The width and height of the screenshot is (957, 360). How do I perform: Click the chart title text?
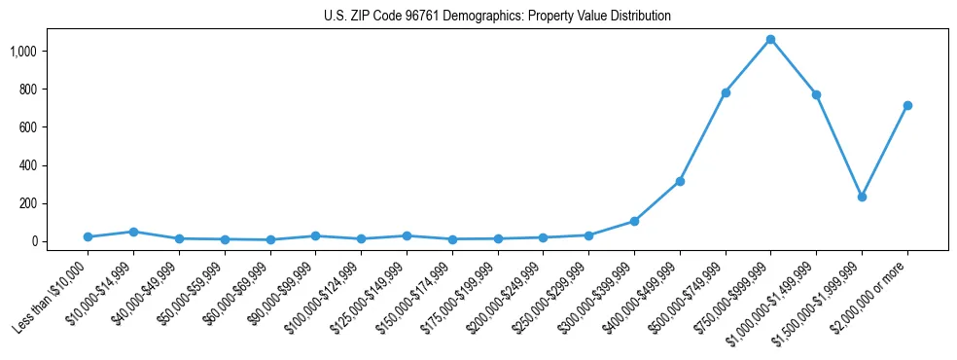click(497, 17)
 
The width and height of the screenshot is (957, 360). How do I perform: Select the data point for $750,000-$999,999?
click(770, 39)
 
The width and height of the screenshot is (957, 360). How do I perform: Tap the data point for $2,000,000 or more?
click(906, 105)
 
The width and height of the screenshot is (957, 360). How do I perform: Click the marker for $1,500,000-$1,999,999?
click(861, 197)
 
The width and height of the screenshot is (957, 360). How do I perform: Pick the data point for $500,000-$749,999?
click(725, 92)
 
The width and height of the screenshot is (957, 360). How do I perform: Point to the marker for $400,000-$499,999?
click(680, 181)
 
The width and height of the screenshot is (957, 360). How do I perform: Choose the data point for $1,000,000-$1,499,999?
click(816, 94)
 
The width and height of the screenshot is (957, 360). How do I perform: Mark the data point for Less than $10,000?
click(89, 236)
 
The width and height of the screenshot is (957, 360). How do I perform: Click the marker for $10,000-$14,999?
click(133, 232)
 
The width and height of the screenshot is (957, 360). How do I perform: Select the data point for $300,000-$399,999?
click(634, 221)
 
